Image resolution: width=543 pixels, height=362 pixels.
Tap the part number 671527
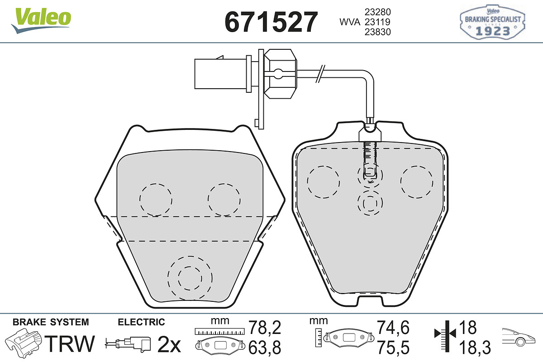click(271, 22)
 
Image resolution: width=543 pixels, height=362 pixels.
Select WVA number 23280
click(378, 12)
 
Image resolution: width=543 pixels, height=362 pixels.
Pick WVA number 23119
click(378, 22)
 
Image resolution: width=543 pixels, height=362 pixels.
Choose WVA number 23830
click(378, 32)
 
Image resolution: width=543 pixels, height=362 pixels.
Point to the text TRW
click(70, 343)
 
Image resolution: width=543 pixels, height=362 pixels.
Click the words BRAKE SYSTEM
click(51, 322)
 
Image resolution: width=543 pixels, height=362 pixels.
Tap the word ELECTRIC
click(141, 322)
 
